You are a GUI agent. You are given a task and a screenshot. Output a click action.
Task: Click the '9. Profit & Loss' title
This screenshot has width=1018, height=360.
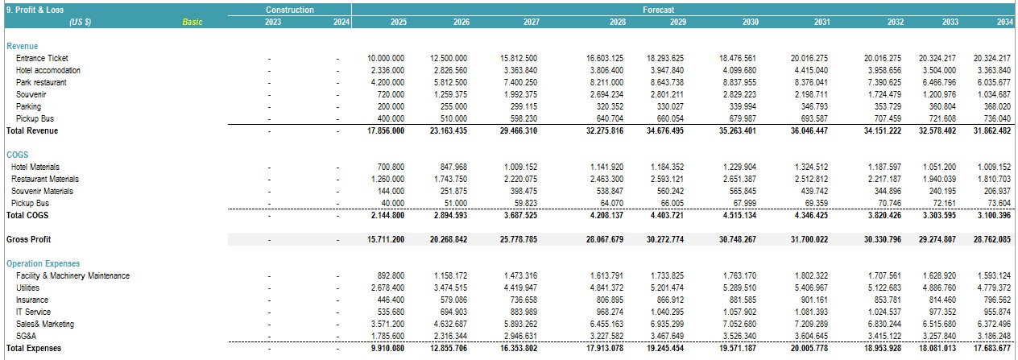click(x=35, y=10)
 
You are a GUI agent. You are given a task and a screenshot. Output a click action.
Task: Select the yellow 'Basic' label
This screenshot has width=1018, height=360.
click(x=192, y=22)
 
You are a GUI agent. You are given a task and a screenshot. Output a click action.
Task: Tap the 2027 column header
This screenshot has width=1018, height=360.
click(x=531, y=22)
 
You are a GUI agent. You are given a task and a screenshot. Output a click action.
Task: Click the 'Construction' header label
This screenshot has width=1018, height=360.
click(x=289, y=10)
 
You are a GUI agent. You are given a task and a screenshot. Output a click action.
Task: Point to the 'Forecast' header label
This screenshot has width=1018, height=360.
click(x=658, y=10)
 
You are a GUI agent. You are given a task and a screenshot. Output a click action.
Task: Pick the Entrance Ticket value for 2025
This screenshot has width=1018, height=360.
click(x=386, y=58)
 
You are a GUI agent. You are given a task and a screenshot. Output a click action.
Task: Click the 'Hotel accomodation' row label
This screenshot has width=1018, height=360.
click(x=48, y=70)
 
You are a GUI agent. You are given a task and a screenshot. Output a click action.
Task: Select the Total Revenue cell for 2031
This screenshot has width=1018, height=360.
click(x=809, y=131)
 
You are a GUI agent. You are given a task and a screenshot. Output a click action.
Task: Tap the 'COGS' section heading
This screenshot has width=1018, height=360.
click(x=17, y=155)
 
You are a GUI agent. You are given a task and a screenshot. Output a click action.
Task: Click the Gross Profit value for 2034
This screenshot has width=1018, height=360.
click(x=991, y=239)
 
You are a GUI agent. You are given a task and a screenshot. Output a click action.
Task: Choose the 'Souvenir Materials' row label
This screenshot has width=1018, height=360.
click(x=42, y=192)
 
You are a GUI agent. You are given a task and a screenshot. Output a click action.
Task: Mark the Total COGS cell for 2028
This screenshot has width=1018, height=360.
click(x=606, y=216)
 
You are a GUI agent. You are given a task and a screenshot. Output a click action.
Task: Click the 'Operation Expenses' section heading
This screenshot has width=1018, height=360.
click(x=43, y=263)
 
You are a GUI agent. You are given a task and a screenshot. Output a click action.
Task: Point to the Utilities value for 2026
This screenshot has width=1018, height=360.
click(x=450, y=288)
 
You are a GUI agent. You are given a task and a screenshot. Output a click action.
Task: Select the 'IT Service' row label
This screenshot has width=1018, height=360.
click(x=33, y=312)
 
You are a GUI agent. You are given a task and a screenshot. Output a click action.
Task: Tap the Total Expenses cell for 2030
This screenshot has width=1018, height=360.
click(x=738, y=348)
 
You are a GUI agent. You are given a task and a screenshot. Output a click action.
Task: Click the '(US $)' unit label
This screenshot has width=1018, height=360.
click(x=81, y=22)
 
